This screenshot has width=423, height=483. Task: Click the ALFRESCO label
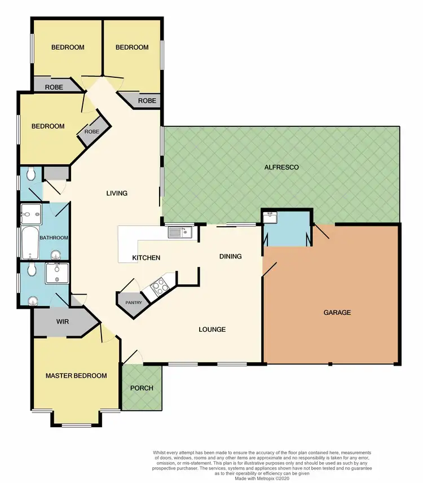281,168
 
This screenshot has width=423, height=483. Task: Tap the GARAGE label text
337,312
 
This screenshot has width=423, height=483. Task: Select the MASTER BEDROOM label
76,376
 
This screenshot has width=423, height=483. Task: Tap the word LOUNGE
212,330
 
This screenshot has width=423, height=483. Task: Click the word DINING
230,256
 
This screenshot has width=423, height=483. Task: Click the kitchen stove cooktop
158,286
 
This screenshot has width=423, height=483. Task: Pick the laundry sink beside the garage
270,216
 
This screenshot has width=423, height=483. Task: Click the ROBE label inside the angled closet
91,131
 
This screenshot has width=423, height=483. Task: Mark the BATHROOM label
54,238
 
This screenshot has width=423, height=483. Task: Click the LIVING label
117,193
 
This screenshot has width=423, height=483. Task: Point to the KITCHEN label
146,258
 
